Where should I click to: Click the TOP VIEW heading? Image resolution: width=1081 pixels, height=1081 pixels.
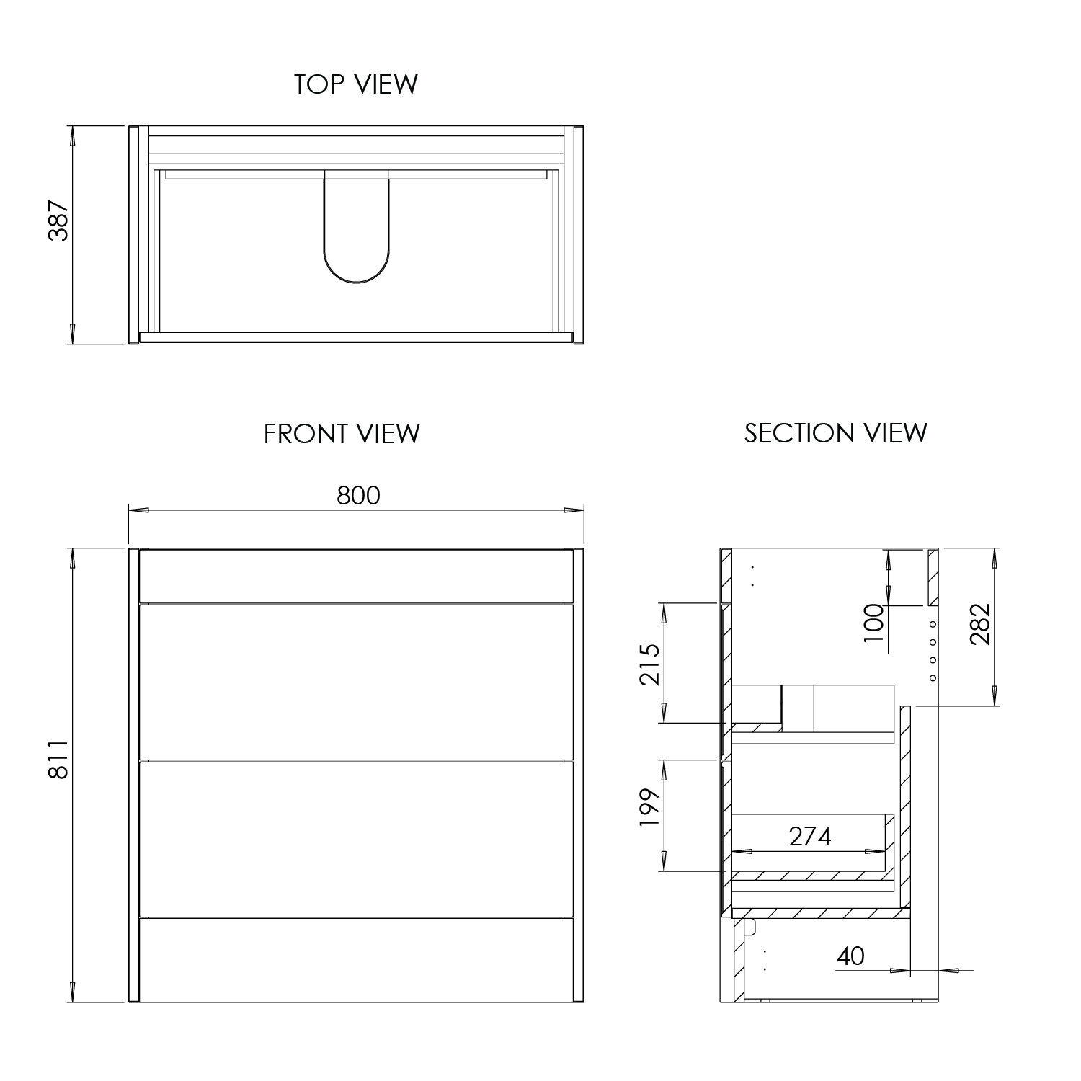click(355, 84)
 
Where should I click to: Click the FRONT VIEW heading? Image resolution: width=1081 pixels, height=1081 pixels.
click(342, 434)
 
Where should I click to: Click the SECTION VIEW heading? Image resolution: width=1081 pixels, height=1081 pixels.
click(835, 433)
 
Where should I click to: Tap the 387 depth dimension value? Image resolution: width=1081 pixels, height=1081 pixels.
click(58, 221)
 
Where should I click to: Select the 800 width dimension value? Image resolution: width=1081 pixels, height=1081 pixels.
click(358, 496)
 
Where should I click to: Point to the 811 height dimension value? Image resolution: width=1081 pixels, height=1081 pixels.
click(58, 758)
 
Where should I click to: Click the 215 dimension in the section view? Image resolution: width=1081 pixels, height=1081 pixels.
click(649, 664)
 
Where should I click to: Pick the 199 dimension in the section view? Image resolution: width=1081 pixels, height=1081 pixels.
click(649, 808)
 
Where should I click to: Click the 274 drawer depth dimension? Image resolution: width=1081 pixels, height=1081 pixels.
click(810, 837)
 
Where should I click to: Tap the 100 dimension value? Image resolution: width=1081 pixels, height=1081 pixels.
click(873, 623)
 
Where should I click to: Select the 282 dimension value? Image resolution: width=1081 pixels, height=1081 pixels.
click(979, 623)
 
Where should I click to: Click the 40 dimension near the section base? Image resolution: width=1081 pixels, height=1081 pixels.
click(851, 956)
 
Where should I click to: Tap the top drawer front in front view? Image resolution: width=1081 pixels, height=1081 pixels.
click(356, 681)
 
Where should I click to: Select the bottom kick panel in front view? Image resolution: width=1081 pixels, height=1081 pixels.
click(356, 959)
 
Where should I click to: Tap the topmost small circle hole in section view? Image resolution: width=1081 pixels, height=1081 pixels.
click(933, 624)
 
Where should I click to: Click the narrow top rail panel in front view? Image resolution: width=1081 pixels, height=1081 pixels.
click(356, 575)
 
